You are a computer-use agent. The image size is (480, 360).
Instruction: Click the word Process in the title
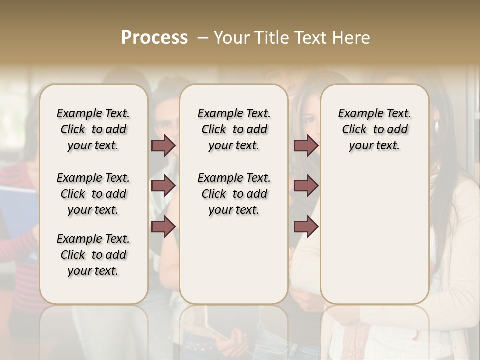point(154,38)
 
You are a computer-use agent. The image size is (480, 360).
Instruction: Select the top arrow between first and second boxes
point(163,145)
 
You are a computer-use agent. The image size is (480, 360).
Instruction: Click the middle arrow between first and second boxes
point(163,186)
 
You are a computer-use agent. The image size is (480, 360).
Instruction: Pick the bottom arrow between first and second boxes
point(163,226)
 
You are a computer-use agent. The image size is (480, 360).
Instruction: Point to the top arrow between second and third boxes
point(306,145)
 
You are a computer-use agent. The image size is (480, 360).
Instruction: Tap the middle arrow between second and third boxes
point(306,186)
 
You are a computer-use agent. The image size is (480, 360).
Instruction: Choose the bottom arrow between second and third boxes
point(306,226)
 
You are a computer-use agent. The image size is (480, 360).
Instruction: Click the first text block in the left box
point(93,129)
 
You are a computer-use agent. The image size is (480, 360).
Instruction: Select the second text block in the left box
point(93,194)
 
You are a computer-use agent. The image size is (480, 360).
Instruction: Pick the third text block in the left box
point(93,255)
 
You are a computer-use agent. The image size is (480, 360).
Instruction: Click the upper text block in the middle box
point(234,129)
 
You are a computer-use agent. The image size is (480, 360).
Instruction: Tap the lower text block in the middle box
point(234,194)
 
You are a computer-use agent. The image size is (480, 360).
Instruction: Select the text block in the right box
point(374,129)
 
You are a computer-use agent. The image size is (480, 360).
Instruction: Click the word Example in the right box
point(356,114)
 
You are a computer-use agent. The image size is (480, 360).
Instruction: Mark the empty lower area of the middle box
point(234,260)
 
